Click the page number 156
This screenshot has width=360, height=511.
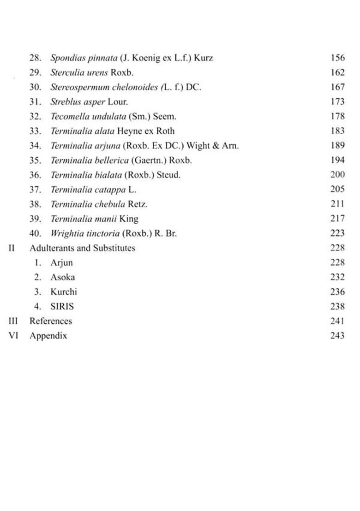click(x=337, y=58)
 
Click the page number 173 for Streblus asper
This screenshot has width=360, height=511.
click(x=337, y=101)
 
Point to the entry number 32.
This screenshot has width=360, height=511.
click(x=35, y=117)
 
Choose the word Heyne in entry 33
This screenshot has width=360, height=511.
click(x=129, y=131)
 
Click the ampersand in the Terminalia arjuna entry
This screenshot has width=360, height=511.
click(x=213, y=146)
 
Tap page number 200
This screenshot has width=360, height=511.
click(x=337, y=175)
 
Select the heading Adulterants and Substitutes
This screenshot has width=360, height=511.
click(x=82, y=248)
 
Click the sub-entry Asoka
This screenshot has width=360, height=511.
click(x=62, y=277)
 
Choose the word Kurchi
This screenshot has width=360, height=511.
click(x=64, y=292)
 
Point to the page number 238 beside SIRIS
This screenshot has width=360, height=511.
click(x=337, y=306)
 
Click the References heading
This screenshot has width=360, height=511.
click(x=50, y=321)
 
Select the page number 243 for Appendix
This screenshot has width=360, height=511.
click(x=337, y=336)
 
